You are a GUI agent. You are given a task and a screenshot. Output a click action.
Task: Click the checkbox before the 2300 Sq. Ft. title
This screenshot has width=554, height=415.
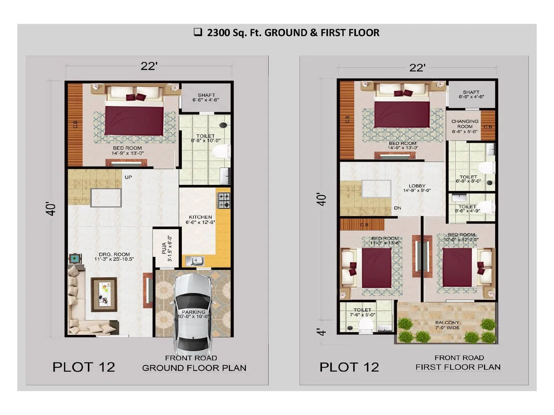[198, 32]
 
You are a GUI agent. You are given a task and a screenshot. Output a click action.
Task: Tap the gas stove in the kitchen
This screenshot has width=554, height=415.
[223, 201]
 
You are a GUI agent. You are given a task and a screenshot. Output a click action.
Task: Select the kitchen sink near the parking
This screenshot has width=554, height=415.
[195, 261]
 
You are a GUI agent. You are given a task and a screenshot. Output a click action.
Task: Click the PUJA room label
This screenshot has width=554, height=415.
[167, 248]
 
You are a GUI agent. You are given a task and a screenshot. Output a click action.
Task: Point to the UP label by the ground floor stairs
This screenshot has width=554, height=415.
[128, 177]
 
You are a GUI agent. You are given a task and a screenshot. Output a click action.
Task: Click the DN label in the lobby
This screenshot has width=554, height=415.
[397, 208]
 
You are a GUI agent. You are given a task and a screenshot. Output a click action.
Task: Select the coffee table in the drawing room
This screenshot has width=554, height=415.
[104, 294]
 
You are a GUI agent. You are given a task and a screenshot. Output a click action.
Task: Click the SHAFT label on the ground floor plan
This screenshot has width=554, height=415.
[206, 97]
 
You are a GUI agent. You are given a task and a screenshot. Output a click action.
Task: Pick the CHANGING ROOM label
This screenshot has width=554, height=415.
[465, 126]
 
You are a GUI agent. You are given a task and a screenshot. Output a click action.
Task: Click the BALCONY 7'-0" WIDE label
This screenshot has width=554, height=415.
[447, 325]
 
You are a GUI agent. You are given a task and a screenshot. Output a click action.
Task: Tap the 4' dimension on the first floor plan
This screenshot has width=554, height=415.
[322, 332]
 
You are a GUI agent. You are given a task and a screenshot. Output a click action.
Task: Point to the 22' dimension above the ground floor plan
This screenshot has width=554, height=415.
[149, 66]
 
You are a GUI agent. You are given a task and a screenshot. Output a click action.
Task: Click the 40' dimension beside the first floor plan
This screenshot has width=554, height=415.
[322, 200]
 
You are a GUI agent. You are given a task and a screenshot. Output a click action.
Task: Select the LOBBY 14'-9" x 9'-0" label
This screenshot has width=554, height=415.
[417, 188]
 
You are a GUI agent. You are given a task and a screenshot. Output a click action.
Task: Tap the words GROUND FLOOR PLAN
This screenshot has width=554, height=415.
[194, 368]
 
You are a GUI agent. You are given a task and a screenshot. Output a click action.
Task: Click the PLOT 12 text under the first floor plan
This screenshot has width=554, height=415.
[349, 367]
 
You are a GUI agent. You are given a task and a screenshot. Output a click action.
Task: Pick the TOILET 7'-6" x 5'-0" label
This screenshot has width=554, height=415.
[362, 312]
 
